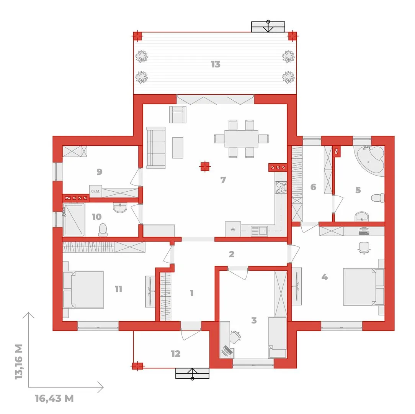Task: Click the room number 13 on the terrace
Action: click(216, 64)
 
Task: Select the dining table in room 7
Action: click(241, 139)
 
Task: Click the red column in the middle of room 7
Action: click(204, 167)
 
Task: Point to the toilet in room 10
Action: click(103, 230)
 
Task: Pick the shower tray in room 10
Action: click(74, 219)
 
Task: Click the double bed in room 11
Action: click(83, 289)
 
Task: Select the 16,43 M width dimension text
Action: click(54, 398)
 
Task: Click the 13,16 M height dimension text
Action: click(19, 361)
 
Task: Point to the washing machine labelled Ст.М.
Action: click(96, 191)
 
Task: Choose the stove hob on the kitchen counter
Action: click(281, 187)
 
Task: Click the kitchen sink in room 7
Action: click(259, 231)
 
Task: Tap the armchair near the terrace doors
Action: click(178, 115)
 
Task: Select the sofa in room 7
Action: click(156, 148)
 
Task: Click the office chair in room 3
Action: click(235, 337)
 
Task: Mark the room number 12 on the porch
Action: click(175, 353)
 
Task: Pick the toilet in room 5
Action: click(378, 198)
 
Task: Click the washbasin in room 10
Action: click(120, 207)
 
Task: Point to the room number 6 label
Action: click(313, 187)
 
